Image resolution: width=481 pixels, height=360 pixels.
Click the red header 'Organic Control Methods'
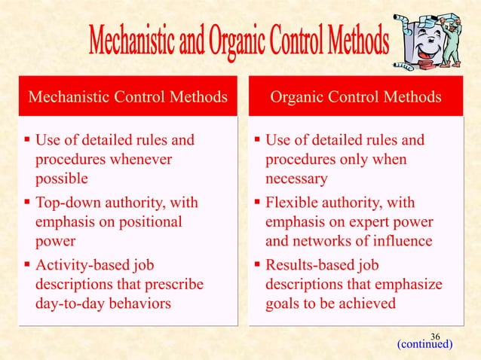tap(357, 98)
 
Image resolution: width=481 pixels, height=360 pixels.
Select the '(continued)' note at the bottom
tap(424, 345)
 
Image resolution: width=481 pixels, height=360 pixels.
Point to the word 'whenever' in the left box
tap(137, 160)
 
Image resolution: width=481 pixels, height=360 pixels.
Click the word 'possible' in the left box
tap(62, 179)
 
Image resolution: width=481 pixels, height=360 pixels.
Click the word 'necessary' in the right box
tap(296, 179)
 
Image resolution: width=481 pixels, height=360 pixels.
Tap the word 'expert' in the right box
tap(366, 223)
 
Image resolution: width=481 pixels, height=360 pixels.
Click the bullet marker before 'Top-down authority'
tap(27, 203)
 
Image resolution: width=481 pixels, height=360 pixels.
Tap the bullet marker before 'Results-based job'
tap(257, 266)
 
